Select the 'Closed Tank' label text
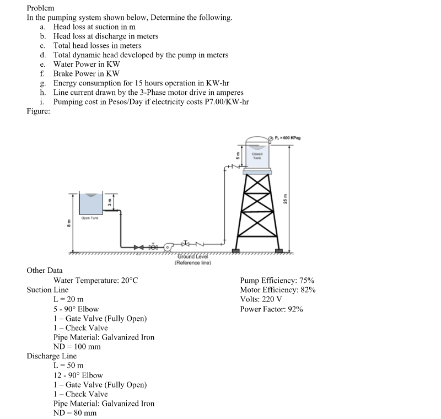point(257,156)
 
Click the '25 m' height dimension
point(285,198)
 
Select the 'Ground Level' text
point(190,256)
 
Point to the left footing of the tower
point(238,251)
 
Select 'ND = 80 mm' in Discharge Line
point(75,412)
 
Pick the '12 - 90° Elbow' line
point(78,375)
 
